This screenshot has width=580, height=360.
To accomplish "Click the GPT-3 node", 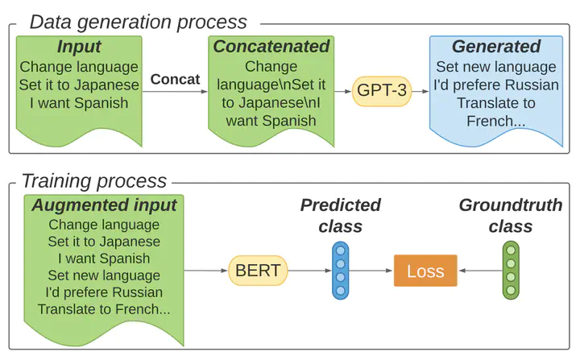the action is [x=382, y=91].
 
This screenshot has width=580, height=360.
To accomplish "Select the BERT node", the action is [x=258, y=271].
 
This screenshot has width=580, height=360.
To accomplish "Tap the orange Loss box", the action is [x=425, y=271].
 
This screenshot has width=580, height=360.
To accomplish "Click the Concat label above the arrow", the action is [x=175, y=79].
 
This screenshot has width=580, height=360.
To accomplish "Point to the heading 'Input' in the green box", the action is [x=79, y=47].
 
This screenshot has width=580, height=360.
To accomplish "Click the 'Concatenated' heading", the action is [x=271, y=47].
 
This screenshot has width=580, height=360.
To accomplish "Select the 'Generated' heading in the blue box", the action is [x=496, y=47].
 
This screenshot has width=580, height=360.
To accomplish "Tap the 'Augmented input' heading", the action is [x=104, y=205].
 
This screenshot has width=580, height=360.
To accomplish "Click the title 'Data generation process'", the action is [x=138, y=22].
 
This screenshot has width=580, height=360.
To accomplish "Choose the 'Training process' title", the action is [x=94, y=181].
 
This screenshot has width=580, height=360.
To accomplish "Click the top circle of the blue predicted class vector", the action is [x=340, y=250].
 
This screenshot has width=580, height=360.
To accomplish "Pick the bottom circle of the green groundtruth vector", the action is [x=511, y=290].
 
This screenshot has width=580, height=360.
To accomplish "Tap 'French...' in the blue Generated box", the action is [x=495, y=122].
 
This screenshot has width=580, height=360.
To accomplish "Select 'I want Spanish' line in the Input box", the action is [x=79, y=103].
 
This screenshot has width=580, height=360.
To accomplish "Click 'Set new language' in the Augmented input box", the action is [x=104, y=275].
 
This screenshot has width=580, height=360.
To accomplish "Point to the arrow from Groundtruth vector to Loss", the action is [x=481, y=271].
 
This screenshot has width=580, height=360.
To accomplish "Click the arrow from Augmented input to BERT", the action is [x=205, y=271].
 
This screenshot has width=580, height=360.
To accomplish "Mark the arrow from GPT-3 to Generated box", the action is [x=420, y=91].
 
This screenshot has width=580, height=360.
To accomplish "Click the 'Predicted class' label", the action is [x=340, y=215].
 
